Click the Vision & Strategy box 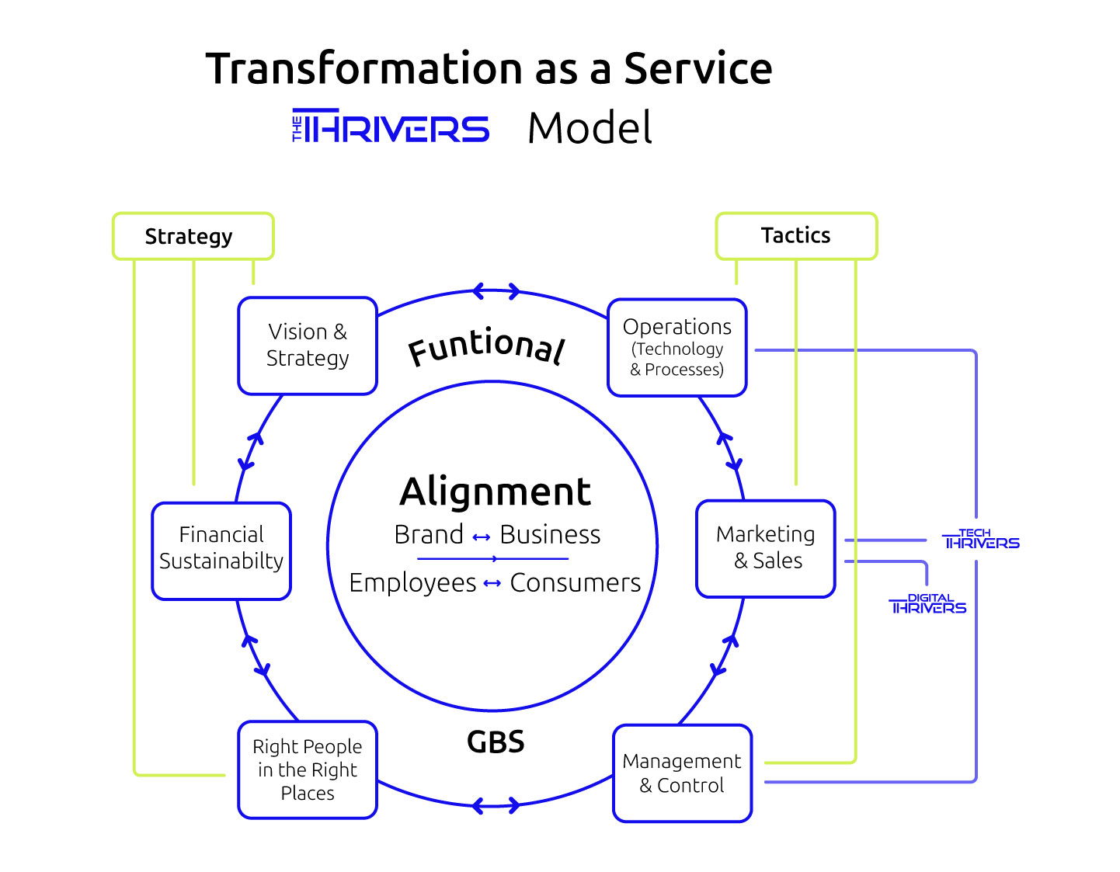[x=308, y=346]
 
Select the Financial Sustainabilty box [x=221, y=551]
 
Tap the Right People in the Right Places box [x=308, y=770]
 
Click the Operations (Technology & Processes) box [x=677, y=347]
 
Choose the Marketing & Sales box [x=766, y=548]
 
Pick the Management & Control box [x=682, y=773]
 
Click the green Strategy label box [x=193, y=236]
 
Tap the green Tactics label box [x=796, y=235]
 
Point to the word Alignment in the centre [x=496, y=492]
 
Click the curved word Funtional [x=487, y=346]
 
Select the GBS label [x=496, y=742]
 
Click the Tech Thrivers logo [x=980, y=540]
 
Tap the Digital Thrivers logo [x=927, y=604]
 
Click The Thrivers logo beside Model [x=391, y=127]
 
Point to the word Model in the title [x=590, y=128]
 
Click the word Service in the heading [x=698, y=68]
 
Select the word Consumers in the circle [x=576, y=582]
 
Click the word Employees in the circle [x=412, y=582]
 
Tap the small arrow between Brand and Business [x=482, y=537]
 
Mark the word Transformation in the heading [x=354, y=68]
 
